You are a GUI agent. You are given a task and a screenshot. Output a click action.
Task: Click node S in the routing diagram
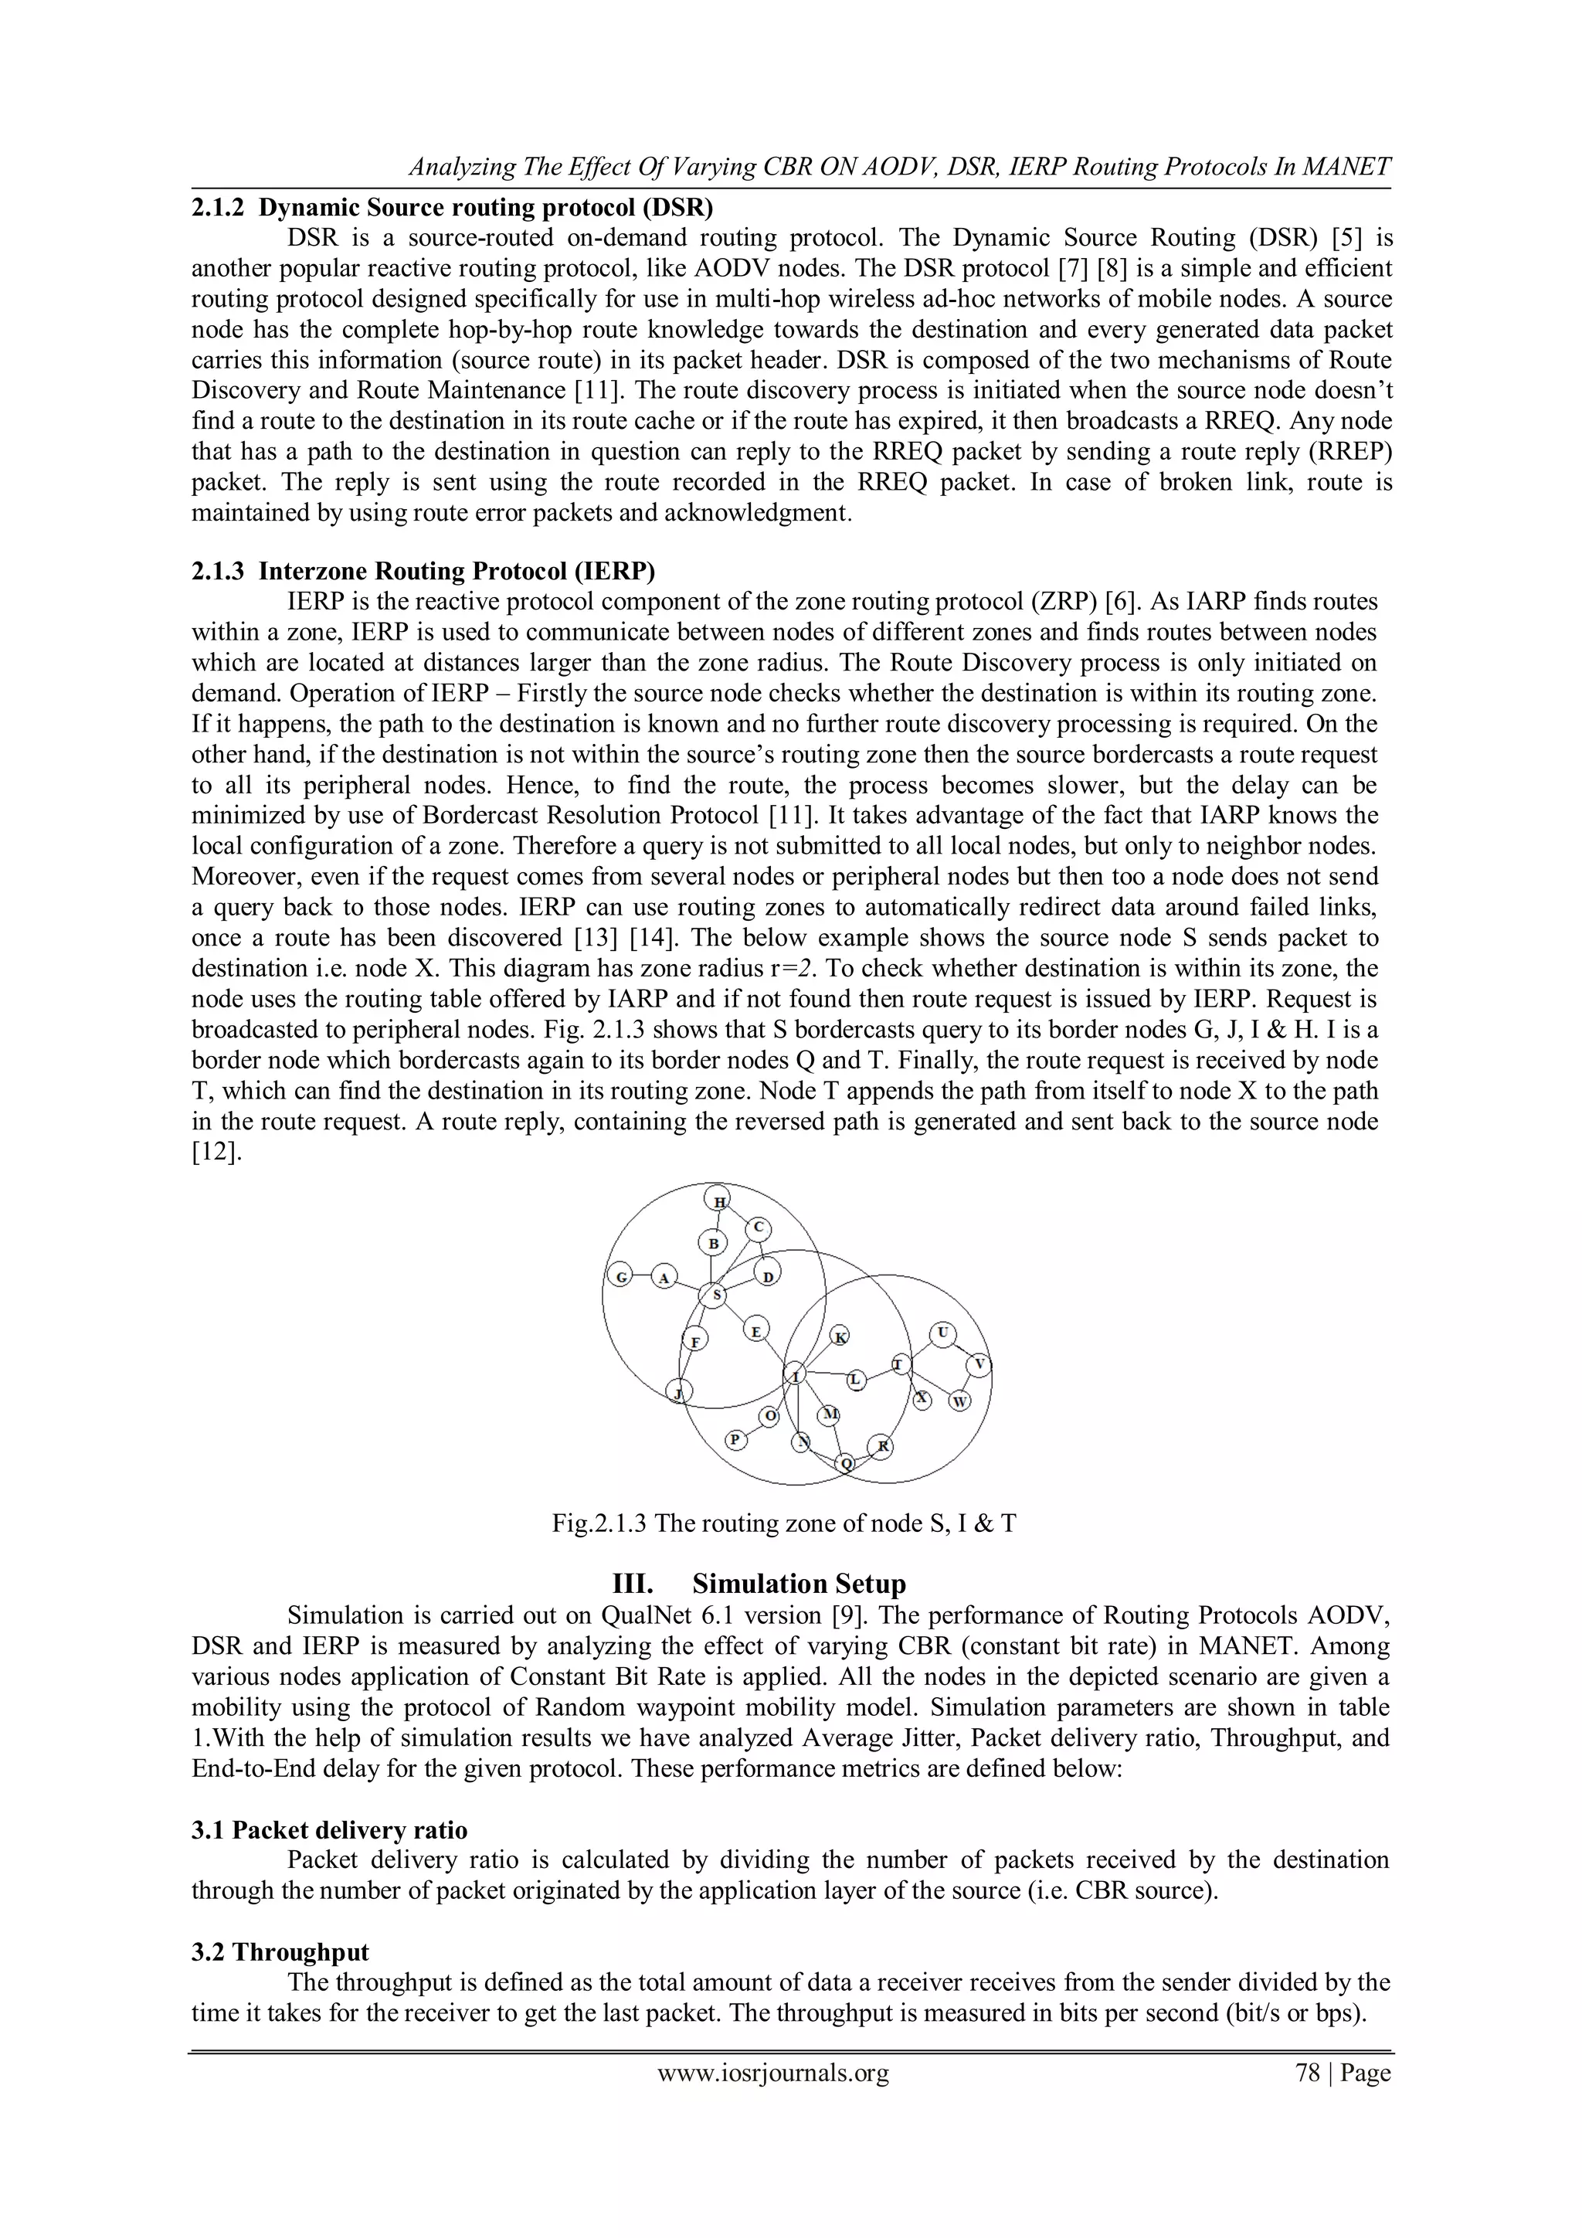click(x=715, y=1296)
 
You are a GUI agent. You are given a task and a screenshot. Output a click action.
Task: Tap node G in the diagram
click(x=619, y=1276)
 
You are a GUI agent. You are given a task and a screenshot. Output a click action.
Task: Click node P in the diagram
click(x=737, y=1438)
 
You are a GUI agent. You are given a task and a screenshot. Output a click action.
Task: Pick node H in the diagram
click(x=719, y=1201)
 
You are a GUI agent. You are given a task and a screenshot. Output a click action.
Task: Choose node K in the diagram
click(x=840, y=1336)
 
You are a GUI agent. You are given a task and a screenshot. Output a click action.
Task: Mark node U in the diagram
click(x=942, y=1333)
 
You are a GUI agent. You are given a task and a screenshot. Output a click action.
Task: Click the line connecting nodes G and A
click(x=641, y=1276)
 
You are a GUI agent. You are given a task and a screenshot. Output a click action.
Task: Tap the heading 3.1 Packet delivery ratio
click(x=330, y=1829)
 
